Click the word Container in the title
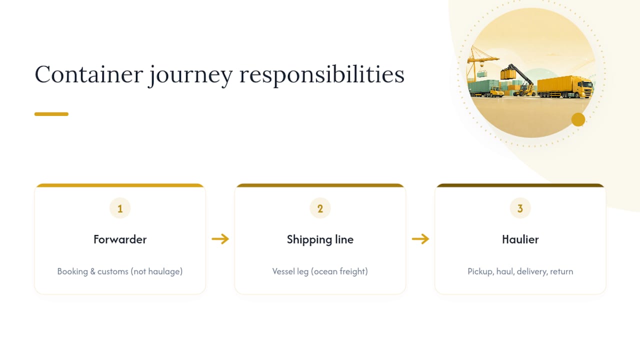tap(89, 74)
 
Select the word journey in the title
tap(191, 75)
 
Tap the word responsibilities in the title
tap(322, 75)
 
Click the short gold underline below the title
tap(51, 114)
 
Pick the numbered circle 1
tap(120, 208)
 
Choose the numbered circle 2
tap(320, 208)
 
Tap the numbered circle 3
tap(520, 208)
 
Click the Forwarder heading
tap(120, 239)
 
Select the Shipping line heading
tap(320, 239)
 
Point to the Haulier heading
tap(520, 239)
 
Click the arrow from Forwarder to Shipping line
tap(220, 239)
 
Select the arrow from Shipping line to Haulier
tap(420, 239)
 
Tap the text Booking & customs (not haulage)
tap(120, 271)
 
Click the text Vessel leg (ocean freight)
tap(320, 271)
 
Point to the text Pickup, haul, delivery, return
tap(520, 271)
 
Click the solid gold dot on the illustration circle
tap(578, 119)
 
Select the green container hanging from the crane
tap(481, 74)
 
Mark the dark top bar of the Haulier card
tap(520, 185)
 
